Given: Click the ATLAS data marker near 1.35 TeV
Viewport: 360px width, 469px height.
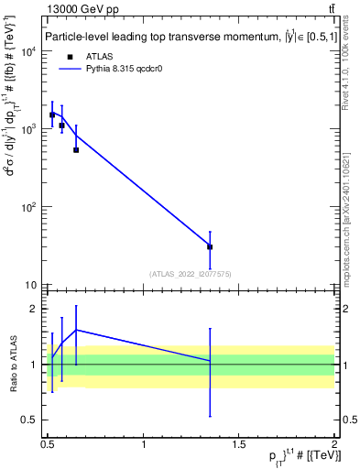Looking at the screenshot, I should point(210,246).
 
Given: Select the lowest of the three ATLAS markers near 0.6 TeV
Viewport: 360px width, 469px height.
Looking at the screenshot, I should point(76,149).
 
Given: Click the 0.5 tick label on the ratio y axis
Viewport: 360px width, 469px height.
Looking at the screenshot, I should point(30,420).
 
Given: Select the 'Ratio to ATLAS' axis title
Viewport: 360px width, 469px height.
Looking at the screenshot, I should point(12,364).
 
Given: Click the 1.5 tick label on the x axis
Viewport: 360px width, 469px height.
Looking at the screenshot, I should point(239,444).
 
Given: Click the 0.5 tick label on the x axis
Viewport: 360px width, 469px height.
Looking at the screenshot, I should point(49,444).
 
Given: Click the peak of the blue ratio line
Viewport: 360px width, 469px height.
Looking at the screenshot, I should point(76,330).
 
